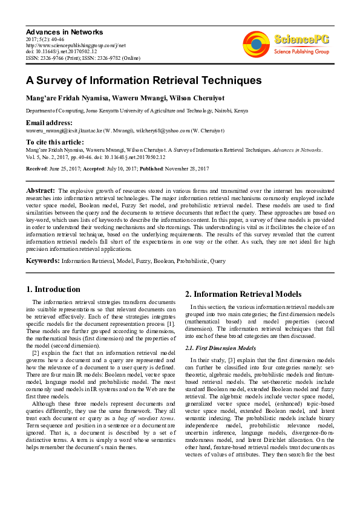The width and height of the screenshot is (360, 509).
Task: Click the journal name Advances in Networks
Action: coord(64,31)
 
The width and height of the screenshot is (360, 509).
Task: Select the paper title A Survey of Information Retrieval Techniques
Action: coord(135,80)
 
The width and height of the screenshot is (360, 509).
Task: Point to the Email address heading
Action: coord(49,122)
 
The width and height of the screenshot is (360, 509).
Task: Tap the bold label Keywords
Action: coord(42,261)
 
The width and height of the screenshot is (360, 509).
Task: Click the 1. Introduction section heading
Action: coord(54,289)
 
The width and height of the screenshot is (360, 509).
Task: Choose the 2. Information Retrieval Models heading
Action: coord(243,294)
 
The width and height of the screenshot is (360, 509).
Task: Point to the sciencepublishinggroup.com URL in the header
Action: coord(76,45)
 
